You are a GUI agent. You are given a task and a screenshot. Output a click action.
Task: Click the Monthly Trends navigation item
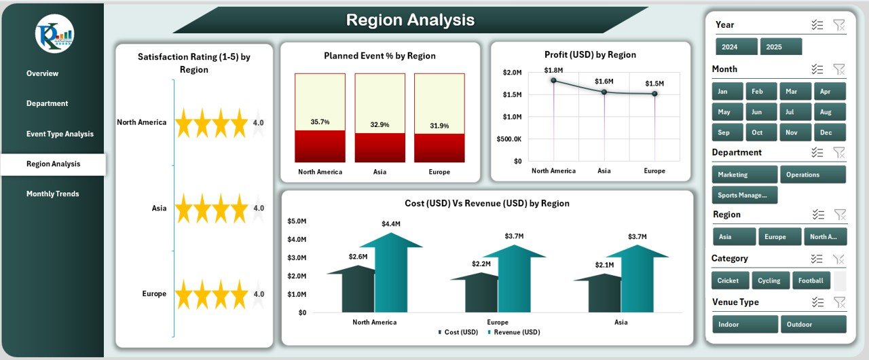point(52,194)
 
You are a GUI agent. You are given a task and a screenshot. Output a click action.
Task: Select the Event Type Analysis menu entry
point(60,134)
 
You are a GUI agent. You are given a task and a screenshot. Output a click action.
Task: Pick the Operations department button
point(813,175)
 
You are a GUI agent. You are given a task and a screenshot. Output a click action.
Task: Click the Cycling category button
point(771,281)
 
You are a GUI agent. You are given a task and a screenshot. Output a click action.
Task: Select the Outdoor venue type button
point(813,325)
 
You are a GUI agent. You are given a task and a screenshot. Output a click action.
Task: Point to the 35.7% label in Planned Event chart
point(320,122)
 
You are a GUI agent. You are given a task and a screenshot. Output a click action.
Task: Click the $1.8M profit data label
point(553,70)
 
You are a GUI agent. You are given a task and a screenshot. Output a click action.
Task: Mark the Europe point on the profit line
point(654,94)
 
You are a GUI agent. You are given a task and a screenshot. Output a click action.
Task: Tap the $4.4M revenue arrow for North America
point(390,272)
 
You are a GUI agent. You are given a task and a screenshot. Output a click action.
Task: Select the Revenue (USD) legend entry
point(517,332)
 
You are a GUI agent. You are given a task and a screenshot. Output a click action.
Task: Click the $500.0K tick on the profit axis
point(509,139)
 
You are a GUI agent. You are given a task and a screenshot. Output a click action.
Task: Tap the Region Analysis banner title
point(410,20)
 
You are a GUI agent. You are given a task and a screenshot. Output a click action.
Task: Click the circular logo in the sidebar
point(55,34)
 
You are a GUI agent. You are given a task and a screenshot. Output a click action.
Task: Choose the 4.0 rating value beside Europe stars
point(259,294)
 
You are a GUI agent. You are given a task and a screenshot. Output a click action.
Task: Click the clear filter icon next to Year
point(839,25)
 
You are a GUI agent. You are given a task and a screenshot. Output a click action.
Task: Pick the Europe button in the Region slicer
point(775,237)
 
